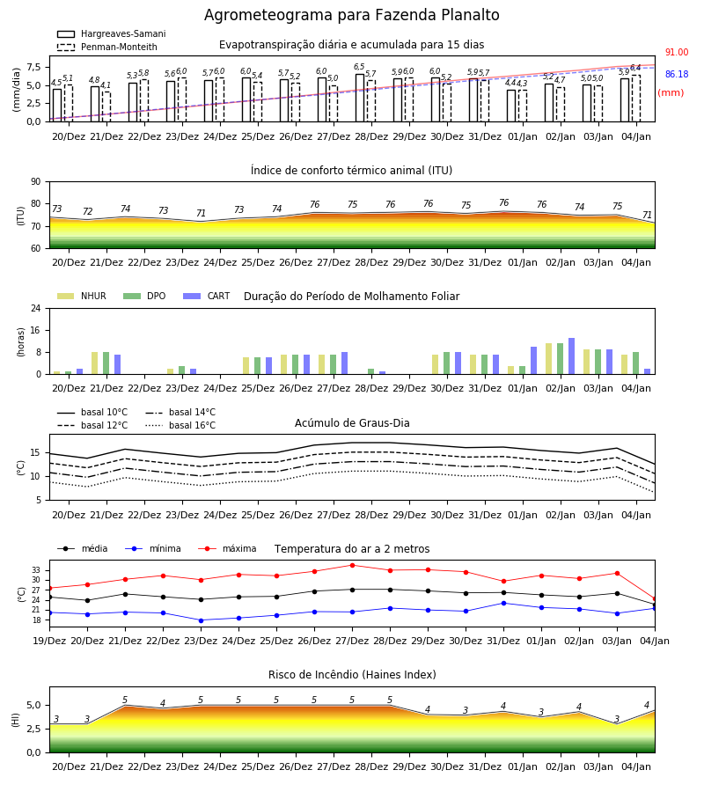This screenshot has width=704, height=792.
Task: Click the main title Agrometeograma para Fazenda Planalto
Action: tap(351, 15)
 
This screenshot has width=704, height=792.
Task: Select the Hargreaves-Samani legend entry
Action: tap(112, 33)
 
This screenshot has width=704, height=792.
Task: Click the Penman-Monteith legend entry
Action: tap(107, 47)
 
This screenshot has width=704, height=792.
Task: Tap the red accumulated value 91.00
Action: tap(676, 53)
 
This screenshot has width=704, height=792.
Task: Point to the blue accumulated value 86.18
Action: tap(676, 74)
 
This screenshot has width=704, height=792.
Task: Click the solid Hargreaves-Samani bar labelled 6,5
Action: tap(360, 98)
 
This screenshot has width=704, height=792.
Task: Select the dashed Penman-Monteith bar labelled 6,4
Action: tap(636, 99)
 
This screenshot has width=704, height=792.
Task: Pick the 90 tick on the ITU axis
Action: tap(36, 182)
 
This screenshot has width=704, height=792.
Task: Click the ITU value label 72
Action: tap(87, 211)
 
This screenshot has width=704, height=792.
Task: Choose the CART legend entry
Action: tap(207, 296)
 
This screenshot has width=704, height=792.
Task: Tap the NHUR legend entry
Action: tap(82, 296)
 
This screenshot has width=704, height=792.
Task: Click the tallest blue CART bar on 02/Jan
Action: tap(572, 356)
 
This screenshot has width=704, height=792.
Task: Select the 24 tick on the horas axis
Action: tap(36, 308)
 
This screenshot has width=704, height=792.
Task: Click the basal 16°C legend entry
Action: tap(180, 425)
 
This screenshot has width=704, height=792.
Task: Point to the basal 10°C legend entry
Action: tap(92, 412)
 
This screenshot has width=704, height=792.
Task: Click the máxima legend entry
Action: tap(227, 548)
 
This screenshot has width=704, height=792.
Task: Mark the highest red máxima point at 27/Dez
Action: tap(353, 565)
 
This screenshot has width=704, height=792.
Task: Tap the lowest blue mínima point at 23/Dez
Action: tap(201, 620)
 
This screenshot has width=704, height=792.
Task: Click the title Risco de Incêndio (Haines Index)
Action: tap(352, 675)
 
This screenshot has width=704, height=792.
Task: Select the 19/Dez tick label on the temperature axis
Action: tap(49, 641)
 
